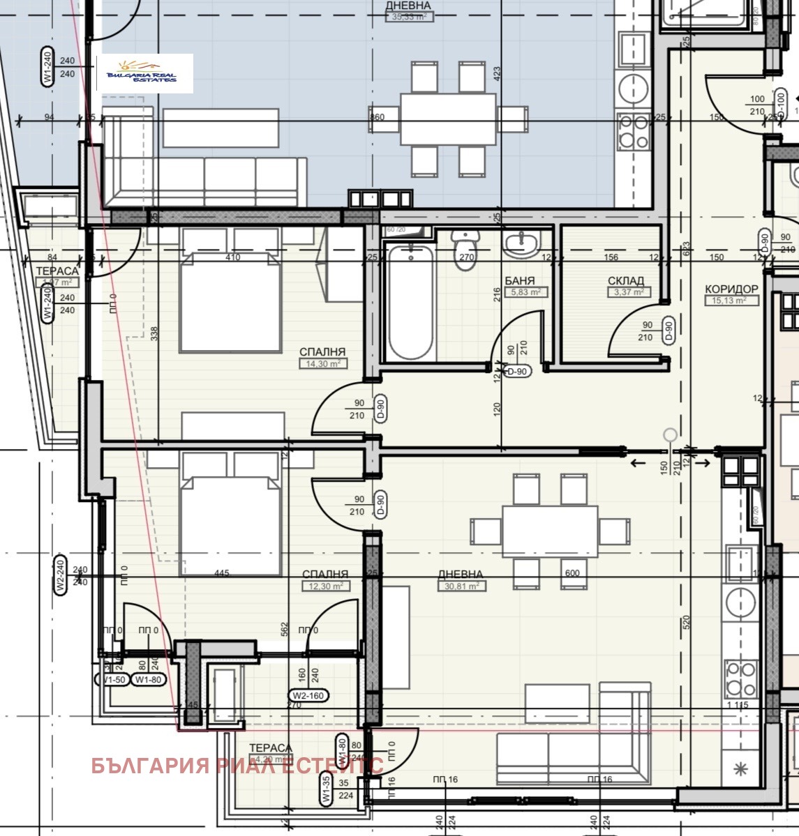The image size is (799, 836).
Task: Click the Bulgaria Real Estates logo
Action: (x=144, y=73)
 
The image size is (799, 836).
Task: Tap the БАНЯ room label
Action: (x=519, y=281)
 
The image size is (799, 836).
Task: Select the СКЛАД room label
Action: (x=626, y=281)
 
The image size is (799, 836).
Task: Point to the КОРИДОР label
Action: (x=731, y=289)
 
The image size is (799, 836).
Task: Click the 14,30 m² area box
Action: (x=323, y=363)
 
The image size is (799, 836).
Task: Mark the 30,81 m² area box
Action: (x=461, y=586)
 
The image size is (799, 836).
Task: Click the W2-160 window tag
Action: (x=309, y=695)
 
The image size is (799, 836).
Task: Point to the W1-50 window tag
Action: (x=111, y=679)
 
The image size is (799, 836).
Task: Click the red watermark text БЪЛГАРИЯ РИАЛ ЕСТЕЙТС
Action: (x=237, y=765)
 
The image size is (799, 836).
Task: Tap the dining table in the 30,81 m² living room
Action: (x=549, y=531)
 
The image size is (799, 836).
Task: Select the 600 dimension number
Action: (x=572, y=573)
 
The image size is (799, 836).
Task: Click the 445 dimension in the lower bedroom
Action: (x=221, y=573)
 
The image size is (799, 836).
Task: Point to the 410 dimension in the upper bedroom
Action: (x=232, y=257)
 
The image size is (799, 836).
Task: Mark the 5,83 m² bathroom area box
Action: (x=526, y=292)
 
